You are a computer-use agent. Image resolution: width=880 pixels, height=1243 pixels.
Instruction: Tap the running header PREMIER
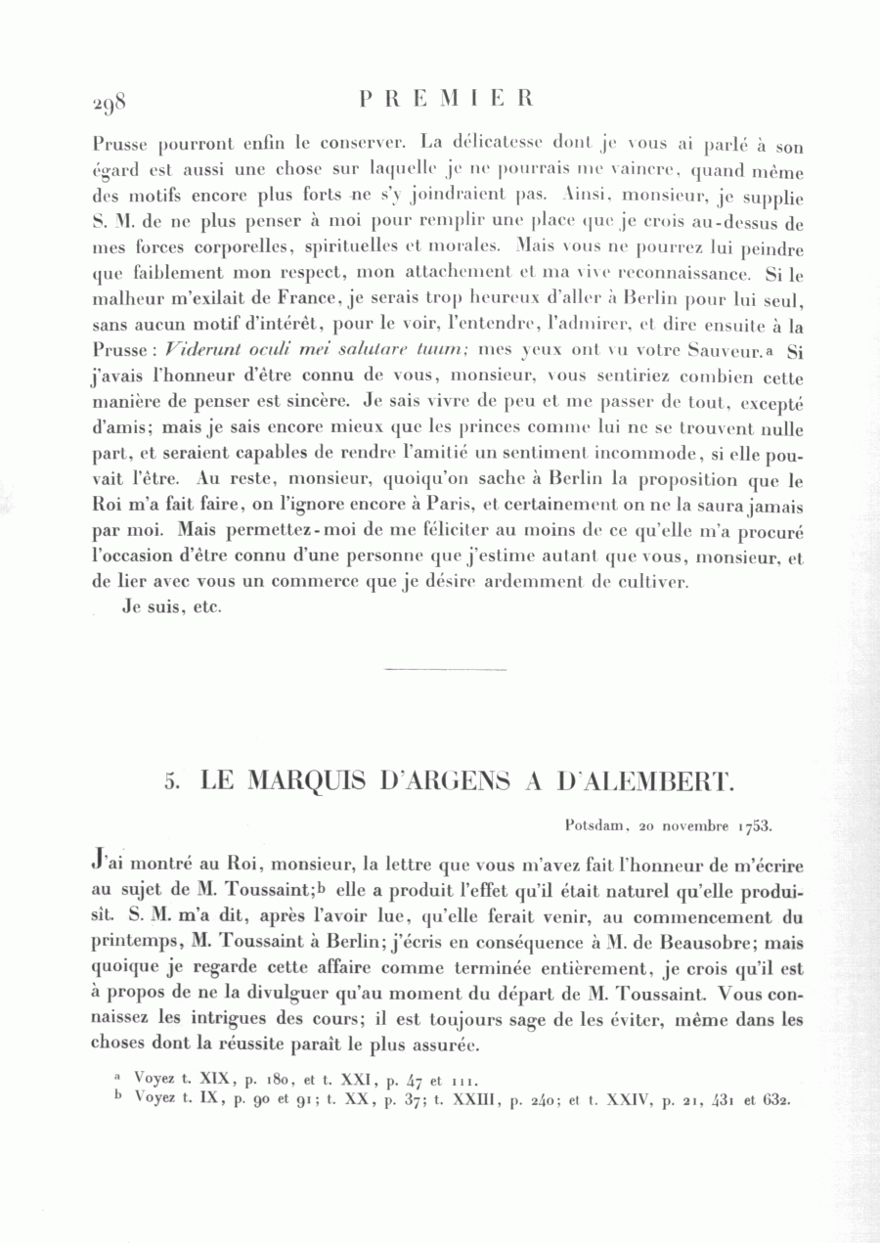click(446, 99)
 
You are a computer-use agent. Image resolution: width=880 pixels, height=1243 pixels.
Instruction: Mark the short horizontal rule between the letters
click(446, 670)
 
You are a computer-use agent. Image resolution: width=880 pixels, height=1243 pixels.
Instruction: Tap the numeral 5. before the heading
click(172, 781)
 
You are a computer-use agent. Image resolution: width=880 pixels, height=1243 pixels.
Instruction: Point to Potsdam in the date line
click(595, 824)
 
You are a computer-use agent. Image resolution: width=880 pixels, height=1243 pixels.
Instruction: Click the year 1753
click(755, 824)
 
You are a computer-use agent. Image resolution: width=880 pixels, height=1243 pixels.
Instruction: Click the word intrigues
click(201, 1019)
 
